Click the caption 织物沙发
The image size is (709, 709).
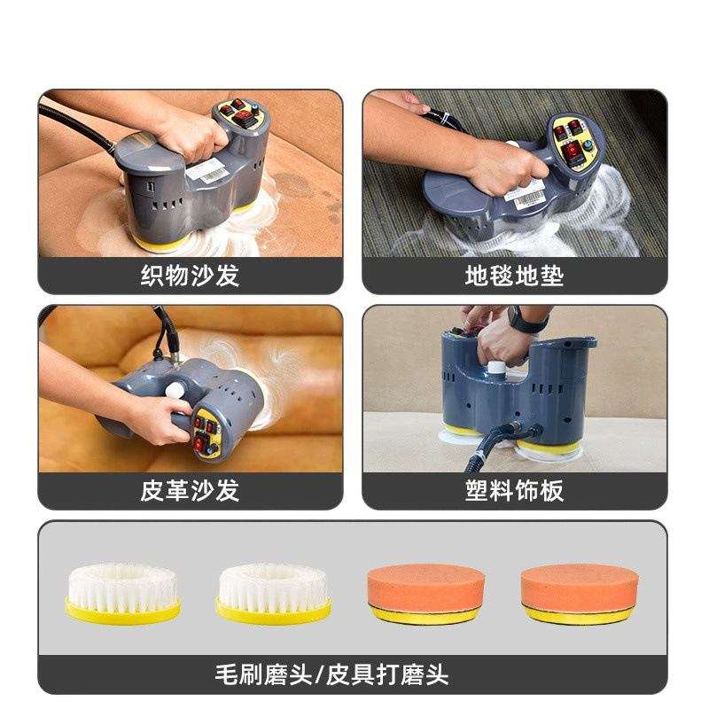[x=190, y=276]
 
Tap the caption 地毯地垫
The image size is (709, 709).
[x=515, y=276]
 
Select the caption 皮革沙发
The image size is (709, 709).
[x=190, y=491]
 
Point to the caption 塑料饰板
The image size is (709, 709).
[x=515, y=491]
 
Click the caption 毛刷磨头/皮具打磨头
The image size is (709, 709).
[x=331, y=675]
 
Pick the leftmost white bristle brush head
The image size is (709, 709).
[x=123, y=593]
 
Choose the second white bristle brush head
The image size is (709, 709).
[x=274, y=593]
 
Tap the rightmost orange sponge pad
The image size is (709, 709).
[x=580, y=594]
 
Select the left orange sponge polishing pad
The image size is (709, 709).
[x=426, y=594]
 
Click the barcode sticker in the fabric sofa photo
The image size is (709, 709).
[x=207, y=170]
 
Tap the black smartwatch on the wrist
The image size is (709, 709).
[x=526, y=320]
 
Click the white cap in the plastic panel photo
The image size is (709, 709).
[x=496, y=367]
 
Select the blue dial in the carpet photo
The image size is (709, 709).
[x=588, y=145]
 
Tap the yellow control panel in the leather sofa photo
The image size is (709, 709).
[x=207, y=433]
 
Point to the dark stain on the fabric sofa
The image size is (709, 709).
[x=294, y=186]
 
